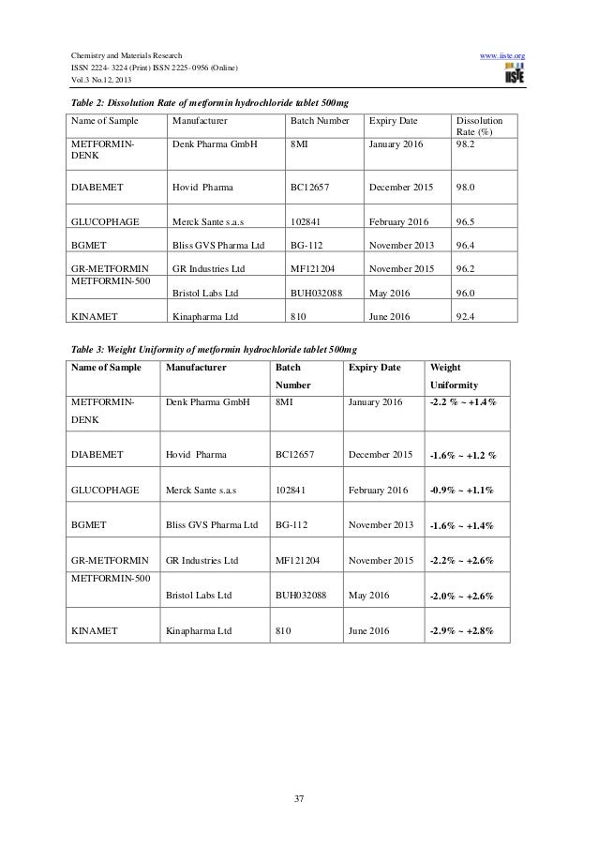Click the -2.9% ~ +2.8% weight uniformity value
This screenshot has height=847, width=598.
tap(461, 630)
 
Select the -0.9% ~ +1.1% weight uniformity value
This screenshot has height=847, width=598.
tap(461, 490)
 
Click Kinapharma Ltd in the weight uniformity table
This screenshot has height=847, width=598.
tap(198, 630)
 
